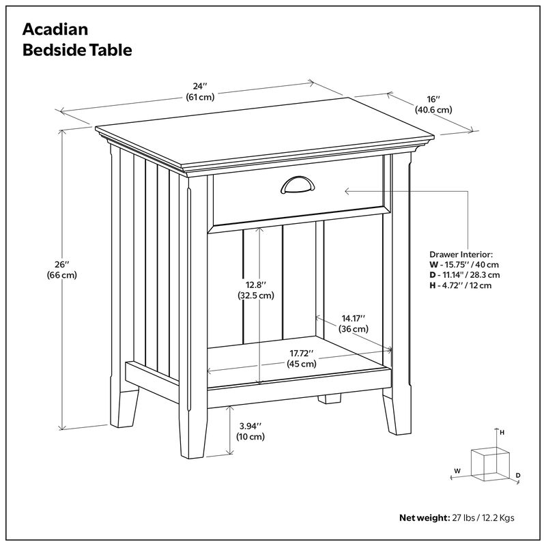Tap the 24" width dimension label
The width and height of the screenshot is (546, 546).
click(199, 86)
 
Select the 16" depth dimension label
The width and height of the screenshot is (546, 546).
click(433, 99)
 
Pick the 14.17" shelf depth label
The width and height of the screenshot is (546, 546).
click(354, 318)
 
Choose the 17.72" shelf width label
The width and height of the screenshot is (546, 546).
click(301, 353)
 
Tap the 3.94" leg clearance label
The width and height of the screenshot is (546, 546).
click(250, 426)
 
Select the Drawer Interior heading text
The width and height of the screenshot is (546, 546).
click(461, 253)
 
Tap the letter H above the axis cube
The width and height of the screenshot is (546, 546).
click(502, 433)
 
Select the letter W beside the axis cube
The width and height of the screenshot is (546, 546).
click(457, 471)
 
